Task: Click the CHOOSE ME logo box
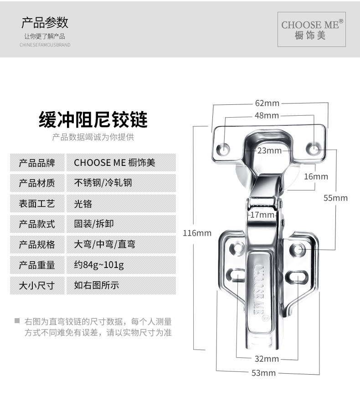point(312,29)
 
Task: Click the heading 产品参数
point(45,22)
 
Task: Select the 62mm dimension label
point(267,103)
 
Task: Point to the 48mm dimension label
point(267,116)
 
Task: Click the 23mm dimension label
point(269,151)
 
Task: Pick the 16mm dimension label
point(316,176)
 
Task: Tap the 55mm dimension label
point(335,198)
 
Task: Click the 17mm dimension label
point(262,215)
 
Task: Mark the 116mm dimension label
point(197,233)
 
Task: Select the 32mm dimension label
point(267,359)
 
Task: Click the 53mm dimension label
point(264,373)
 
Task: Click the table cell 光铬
point(83,204)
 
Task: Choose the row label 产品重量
point(36,265)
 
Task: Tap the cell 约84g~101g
point(99,265)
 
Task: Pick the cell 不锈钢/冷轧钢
point(103,183)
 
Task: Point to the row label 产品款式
point(36,224)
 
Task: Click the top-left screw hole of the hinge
point(224,149)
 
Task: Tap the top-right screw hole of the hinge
point(313,148)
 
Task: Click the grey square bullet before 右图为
point(17,320)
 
